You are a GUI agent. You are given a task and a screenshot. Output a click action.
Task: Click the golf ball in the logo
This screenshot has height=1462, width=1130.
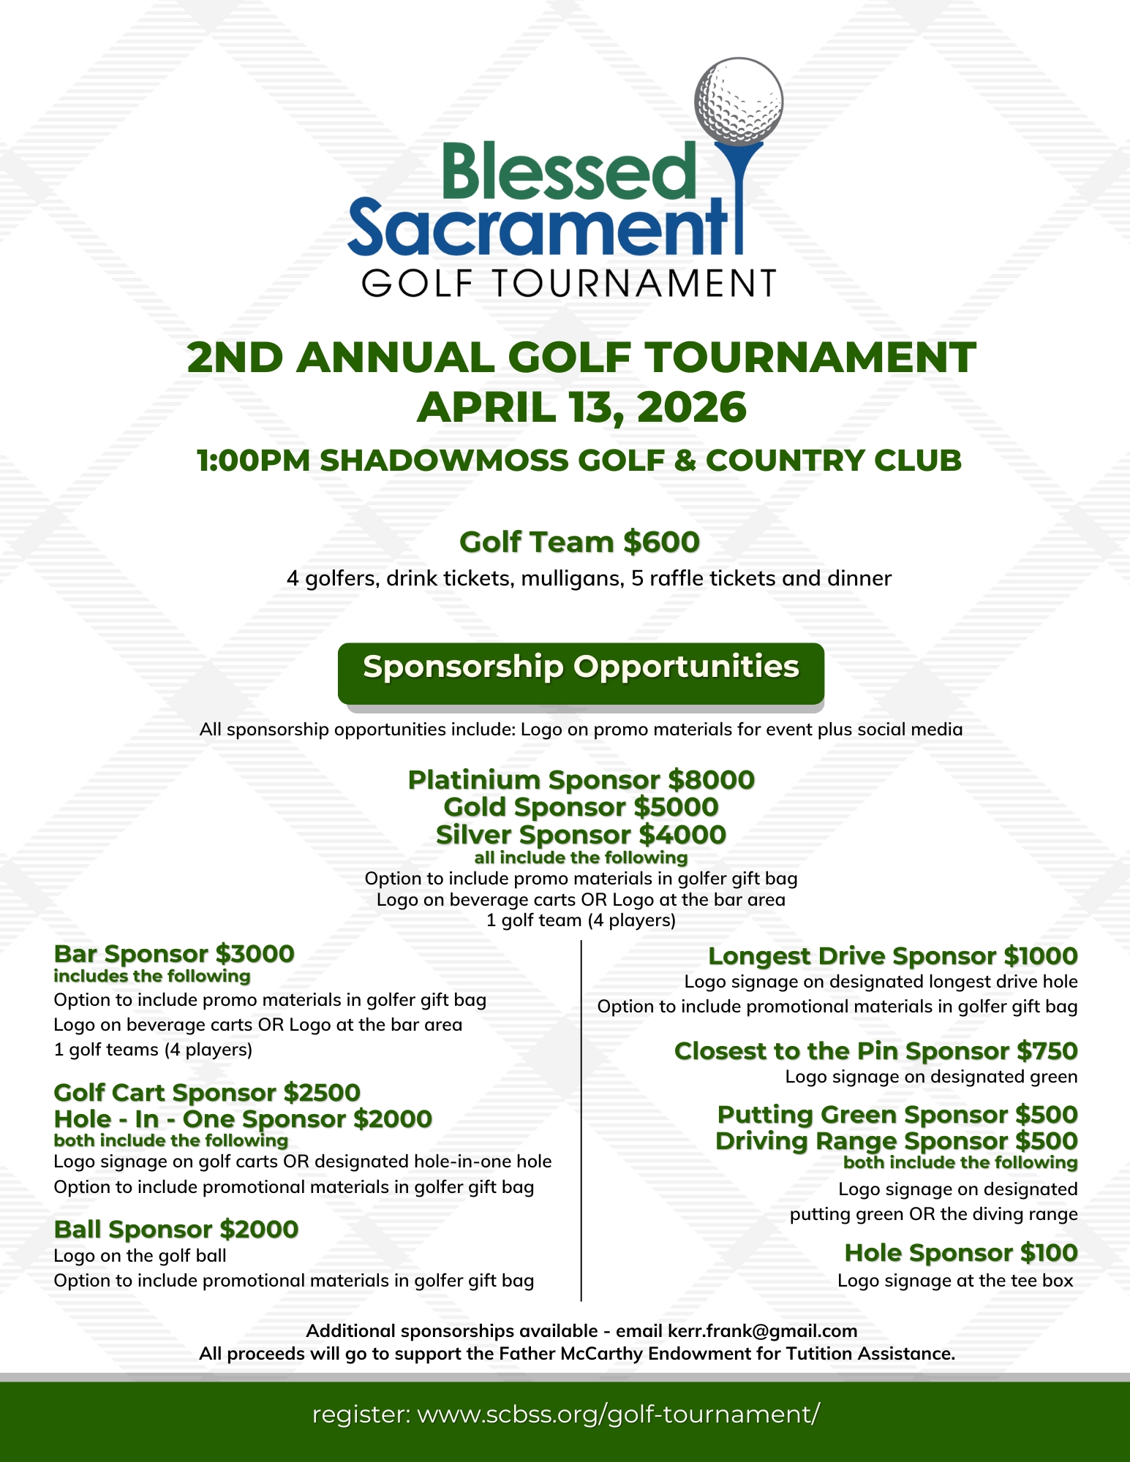coord(738,102)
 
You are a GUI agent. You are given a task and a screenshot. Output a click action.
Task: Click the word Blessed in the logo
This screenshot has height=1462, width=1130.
coord(568,172)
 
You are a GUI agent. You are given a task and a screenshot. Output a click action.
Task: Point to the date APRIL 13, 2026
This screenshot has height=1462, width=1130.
coord(581,407)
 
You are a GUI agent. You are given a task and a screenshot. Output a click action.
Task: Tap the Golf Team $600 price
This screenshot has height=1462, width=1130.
coord(661,542)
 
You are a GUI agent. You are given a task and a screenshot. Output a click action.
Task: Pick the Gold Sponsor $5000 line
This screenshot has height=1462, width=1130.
coord(581,807)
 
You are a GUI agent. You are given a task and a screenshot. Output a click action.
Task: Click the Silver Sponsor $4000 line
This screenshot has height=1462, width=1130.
coord(581,834)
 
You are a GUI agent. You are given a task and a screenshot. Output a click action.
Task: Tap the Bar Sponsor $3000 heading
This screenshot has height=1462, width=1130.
coord(174,954)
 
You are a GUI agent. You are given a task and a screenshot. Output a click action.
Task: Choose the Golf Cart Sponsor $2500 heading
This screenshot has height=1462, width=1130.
coord(207,1092)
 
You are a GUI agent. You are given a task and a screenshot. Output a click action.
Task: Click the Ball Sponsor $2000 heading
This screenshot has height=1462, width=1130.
coord(176,1229)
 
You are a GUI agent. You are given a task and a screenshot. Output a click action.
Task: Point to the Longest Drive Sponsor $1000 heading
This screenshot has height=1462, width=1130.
coord(892,955)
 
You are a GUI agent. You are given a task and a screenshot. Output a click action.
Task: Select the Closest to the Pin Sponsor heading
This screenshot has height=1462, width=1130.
coord(875,1050)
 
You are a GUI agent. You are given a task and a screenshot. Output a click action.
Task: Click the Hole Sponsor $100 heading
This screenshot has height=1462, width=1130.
coord(960,1252)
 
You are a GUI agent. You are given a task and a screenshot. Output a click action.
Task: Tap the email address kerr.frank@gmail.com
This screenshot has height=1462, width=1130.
coord(762,1330)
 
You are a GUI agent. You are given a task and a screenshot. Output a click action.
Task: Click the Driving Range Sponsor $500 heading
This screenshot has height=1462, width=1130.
coord(896,1140)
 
